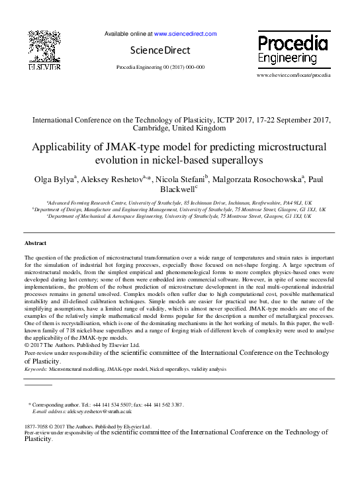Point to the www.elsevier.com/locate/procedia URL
pyautogui.click(x=293, y=75)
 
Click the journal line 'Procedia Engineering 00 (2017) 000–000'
pyautogui.click(x=160, y=68)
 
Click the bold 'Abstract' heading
pyautogui.click(x=35, y=243)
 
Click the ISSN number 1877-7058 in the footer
pyautogui.click(x=36, y=426)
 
